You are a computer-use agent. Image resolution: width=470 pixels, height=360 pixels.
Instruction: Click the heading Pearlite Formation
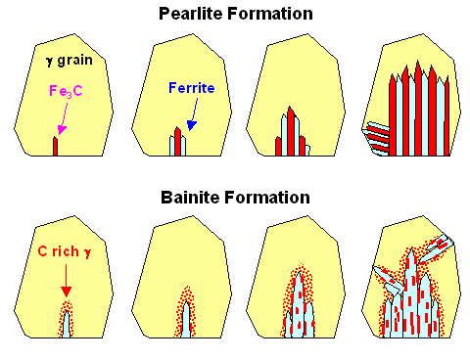click(238, 14)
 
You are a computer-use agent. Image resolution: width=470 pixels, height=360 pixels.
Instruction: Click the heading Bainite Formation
click(238, 197)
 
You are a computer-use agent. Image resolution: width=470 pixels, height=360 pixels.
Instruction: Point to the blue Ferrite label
click(190, 88)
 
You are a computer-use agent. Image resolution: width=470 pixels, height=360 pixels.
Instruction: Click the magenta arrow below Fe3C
click(61, 123)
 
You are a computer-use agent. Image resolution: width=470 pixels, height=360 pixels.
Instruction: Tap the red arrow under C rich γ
click(66, 282)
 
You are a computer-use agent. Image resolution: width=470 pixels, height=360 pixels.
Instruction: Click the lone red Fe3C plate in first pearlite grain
click(55, 146)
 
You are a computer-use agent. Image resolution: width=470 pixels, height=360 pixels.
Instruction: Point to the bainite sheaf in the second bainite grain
click(185, 313)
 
